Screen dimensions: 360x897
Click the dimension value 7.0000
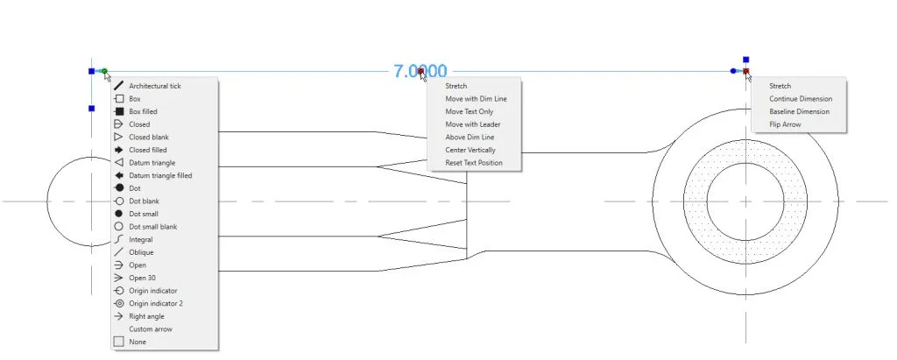pyautogui.click(x=420, y=72)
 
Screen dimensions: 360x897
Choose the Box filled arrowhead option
pyautogui.click(x=143, y=111)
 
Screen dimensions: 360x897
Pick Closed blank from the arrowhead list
pyautogui.click(x=148, y=137)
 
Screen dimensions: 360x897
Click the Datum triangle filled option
pyautogui.click(x=159, y=175)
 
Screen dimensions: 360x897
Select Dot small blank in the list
pyautogui.click(x=152, y=227)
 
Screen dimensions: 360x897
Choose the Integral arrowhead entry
pyautogui.click(x=140, y=239)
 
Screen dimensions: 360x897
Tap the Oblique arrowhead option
pyautogui.click(x=140, y=252)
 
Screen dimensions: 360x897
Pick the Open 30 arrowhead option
pyautogui.click(x=142, y=278)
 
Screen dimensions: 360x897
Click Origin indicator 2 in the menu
pyautogui.click(x=156, y=303)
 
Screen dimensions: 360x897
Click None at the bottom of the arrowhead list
pyautogui.click(x=137, y=342)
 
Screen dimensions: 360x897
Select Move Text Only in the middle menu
pyautogui.click(x=469, y=111)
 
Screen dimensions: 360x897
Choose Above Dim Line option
pyautogui.click(x=470, y=138)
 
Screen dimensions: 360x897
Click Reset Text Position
pyautogui.click(x=474, y=163)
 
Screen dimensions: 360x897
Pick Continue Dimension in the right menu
pyautogui.click(x=801, y=99)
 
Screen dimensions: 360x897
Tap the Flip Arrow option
pyautogui.click(x=785, y=124)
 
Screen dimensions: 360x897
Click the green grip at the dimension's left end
pyautogui.click(x=103, y=71)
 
